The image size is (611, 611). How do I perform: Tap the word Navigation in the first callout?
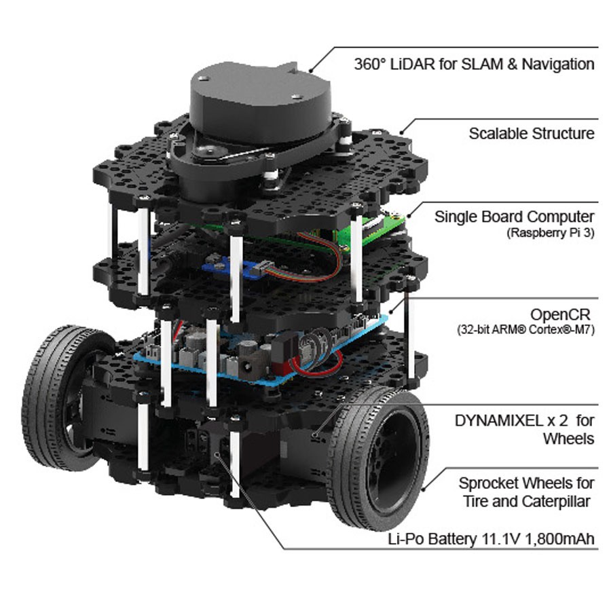click(x=558, y=64)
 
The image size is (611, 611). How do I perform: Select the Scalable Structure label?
click(x=532, y=133)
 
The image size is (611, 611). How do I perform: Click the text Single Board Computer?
click(x=515, y=217)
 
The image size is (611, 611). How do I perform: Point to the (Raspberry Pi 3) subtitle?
click(x=551, y=233)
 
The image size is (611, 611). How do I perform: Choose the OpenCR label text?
click(x=560, y=314)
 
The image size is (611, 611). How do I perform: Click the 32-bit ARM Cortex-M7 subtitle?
click(x=525, y=330)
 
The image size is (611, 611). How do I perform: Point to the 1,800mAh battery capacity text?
click(x=560, y=539)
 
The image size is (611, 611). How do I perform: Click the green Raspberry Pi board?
click(x=374, y=230)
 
